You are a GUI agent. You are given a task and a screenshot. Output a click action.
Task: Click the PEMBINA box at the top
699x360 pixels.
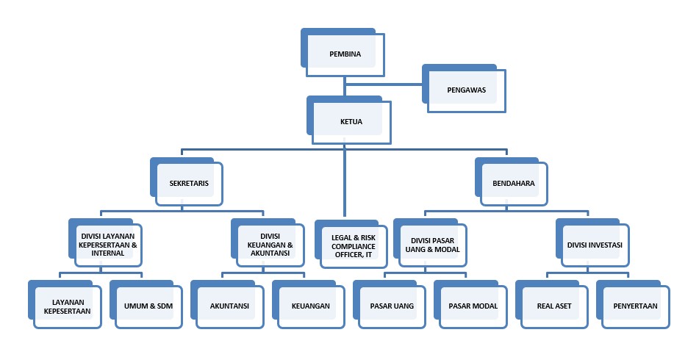coord(344,53)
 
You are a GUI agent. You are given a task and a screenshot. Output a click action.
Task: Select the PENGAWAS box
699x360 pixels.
coord(467,90)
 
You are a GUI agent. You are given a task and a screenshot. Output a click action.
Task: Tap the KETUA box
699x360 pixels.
coord(351,121)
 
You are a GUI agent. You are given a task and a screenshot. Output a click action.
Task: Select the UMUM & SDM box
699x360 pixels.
coord(148,306)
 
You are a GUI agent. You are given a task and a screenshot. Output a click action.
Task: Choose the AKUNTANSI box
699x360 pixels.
coord(229,306)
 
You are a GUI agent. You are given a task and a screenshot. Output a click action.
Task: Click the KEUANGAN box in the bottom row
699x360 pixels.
coord(310,306)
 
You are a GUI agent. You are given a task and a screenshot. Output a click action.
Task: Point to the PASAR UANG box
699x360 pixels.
coord(392,306)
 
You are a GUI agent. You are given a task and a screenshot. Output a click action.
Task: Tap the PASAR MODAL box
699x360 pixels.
coord(473,306)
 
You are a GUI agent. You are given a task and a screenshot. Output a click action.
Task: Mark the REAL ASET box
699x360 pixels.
coord(553,306)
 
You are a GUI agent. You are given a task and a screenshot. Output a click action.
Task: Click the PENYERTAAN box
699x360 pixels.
coord(635,306)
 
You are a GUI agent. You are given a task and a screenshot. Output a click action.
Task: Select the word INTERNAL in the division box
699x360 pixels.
coord(108,253)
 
